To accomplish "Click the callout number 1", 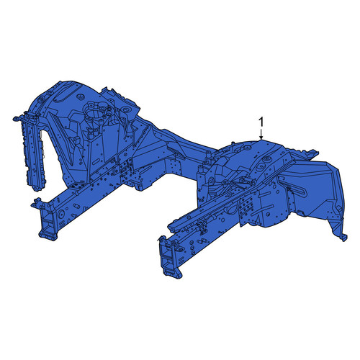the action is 261,122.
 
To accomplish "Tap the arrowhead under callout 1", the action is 261,138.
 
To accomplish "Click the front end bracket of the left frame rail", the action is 48,220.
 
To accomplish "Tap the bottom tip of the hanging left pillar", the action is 37,188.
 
